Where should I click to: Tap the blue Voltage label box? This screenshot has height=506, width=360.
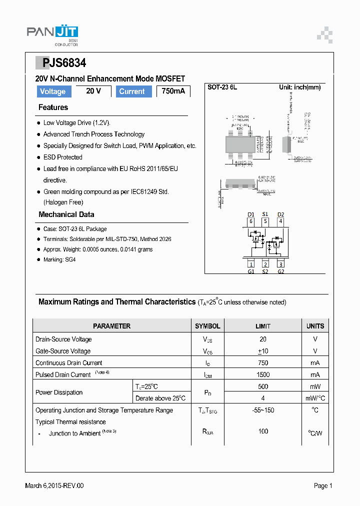click(53, 91)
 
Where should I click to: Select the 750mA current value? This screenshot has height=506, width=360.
click(173, 91)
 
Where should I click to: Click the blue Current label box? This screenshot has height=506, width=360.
click(132, 91)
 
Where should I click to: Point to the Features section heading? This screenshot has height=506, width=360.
click(53, 107)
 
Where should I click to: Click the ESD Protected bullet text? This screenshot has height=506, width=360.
click(62, 157)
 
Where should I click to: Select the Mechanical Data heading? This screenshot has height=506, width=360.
click(66, 214)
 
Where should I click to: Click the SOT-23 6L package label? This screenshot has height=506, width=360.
click(222, 87)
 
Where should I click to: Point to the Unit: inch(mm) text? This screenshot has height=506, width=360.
click(299, 87)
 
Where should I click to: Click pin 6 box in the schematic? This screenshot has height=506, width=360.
click(251, 221)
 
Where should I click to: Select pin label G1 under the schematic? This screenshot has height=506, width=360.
click(251, 271)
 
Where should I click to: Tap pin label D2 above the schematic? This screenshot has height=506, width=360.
click(280, 214)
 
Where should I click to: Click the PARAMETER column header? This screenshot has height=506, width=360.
click(111, 326)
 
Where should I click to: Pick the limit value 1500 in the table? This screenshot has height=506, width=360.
click(263, 374)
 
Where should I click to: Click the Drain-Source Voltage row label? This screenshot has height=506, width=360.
click(63, 339)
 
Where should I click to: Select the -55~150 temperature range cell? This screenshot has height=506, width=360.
click(263, 410)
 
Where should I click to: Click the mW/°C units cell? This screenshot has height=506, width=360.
click(315, 398)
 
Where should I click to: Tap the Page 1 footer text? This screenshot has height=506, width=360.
click(323, 485)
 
